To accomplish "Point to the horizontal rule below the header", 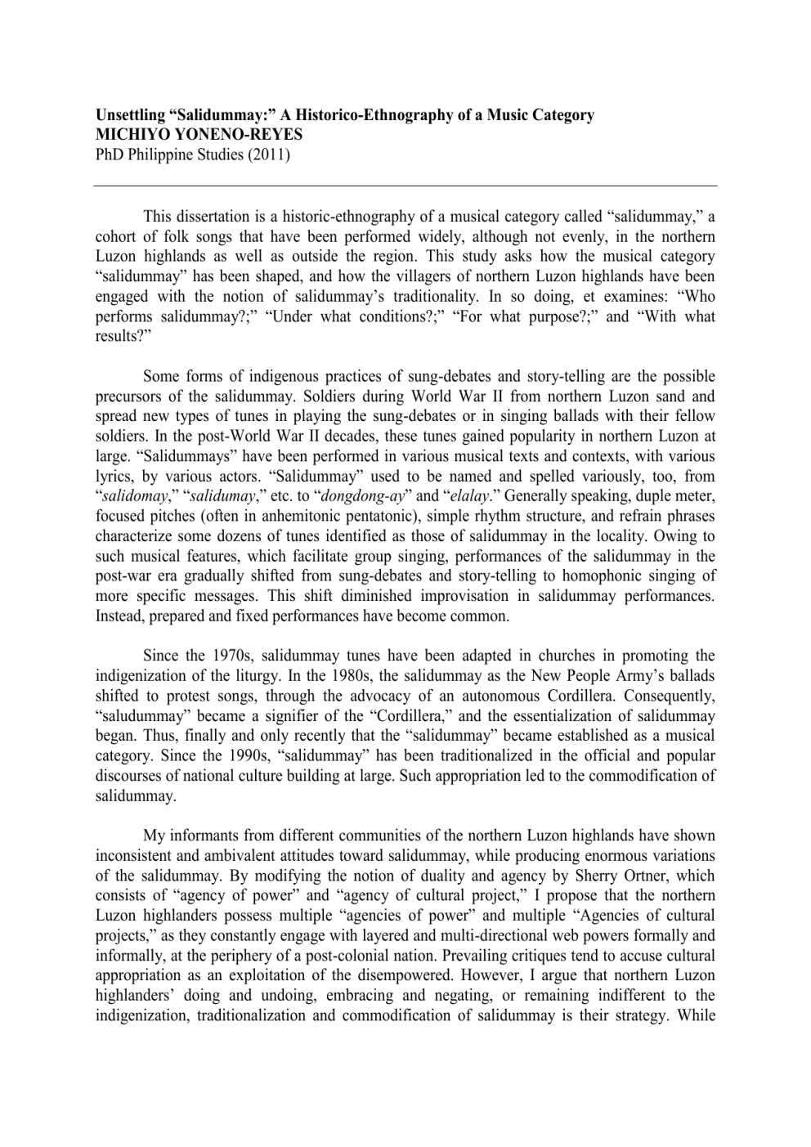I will pos(405,186).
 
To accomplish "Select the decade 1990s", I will pos(232,756).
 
